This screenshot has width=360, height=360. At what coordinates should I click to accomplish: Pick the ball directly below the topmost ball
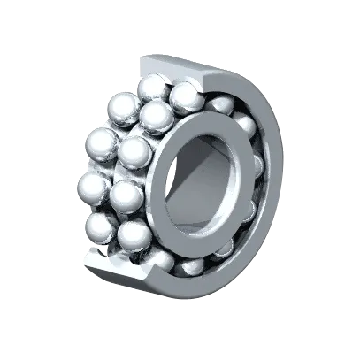157,115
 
